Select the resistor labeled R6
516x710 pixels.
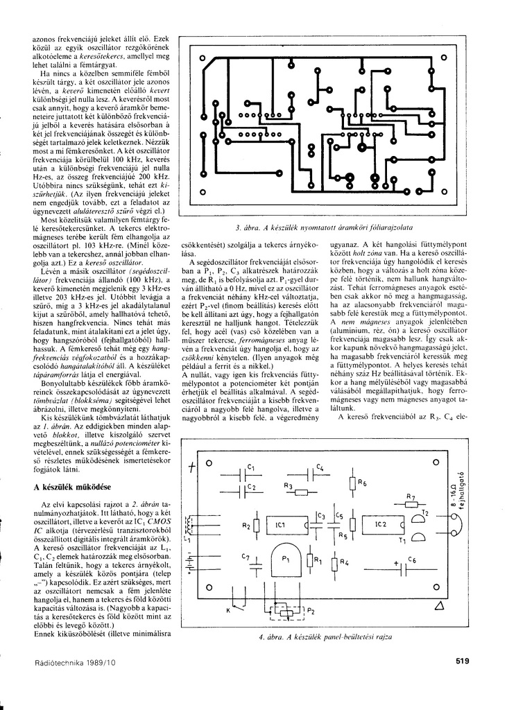pyautogui.click(x=353, y=484)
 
